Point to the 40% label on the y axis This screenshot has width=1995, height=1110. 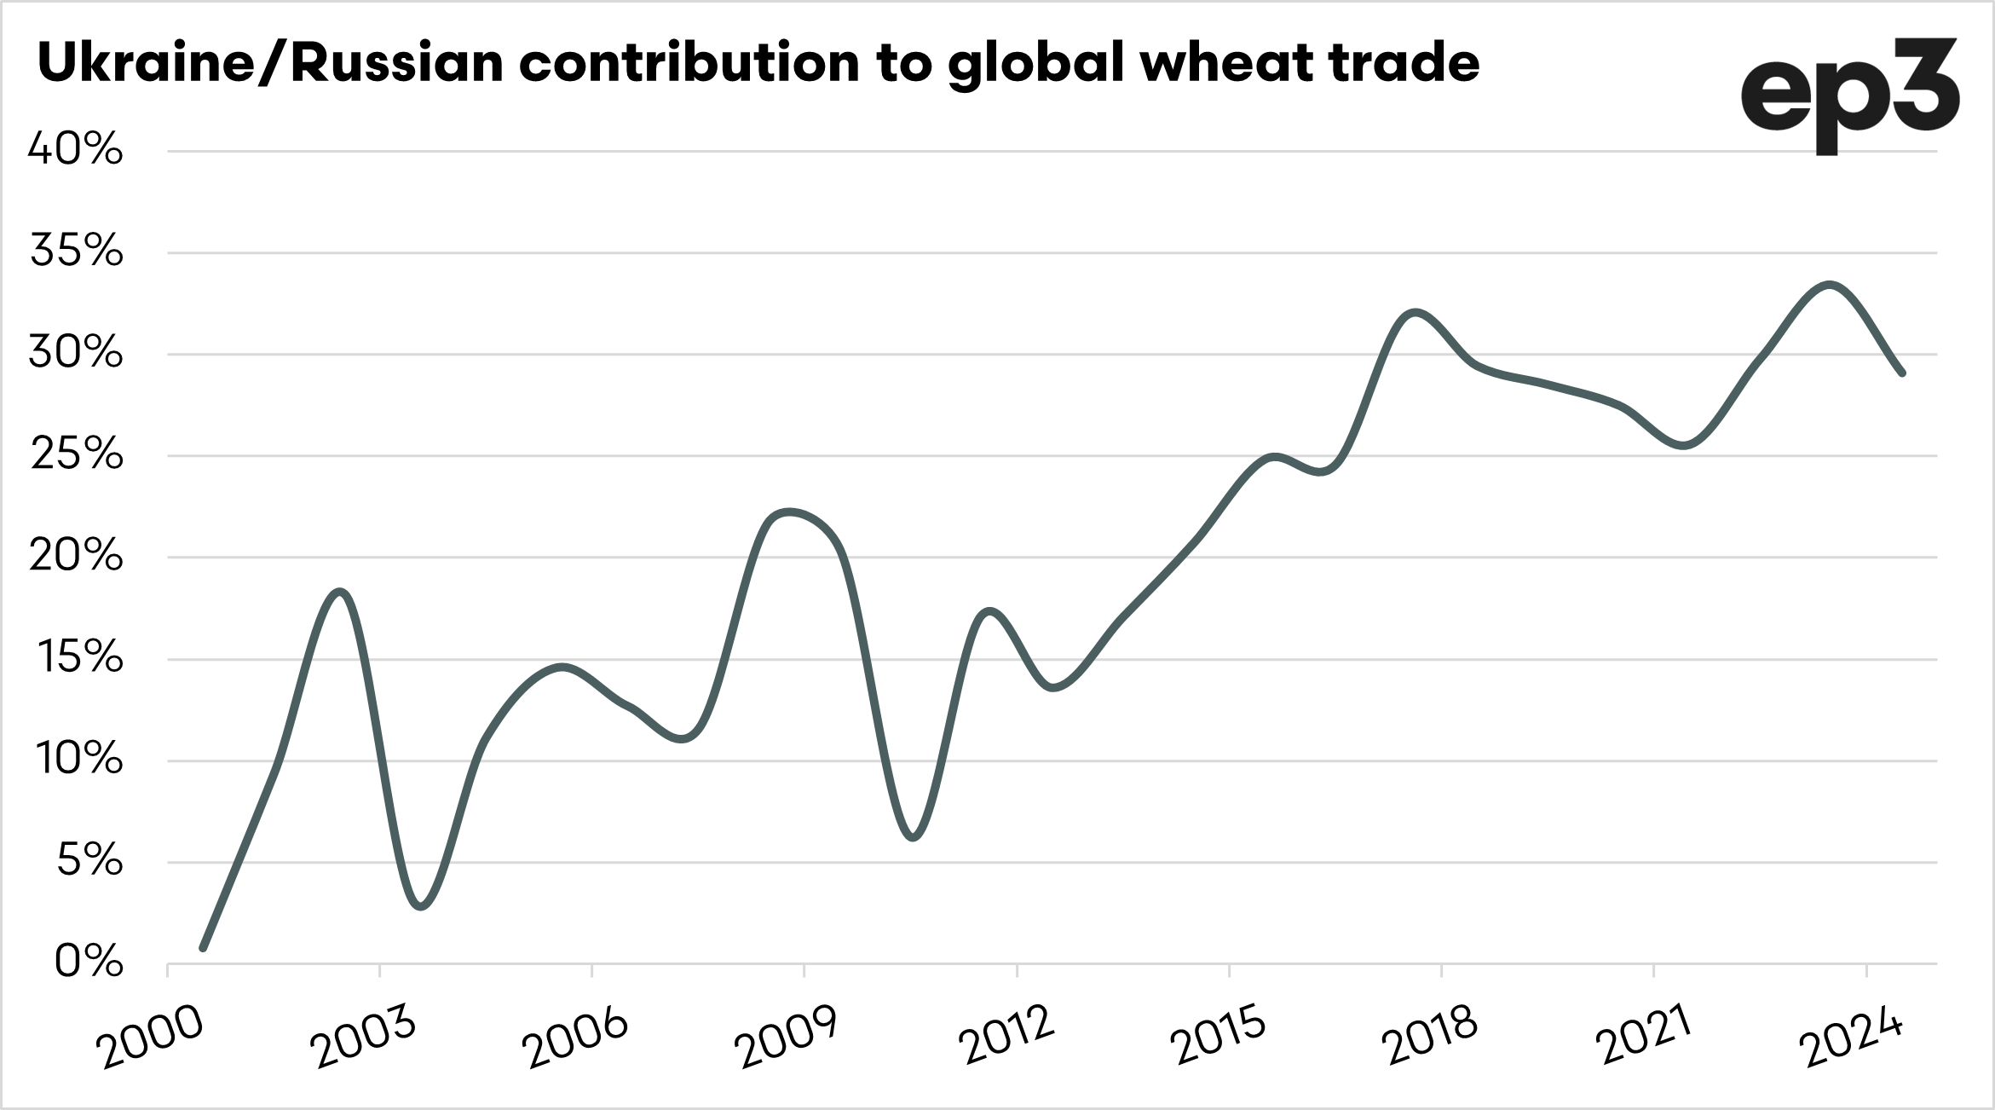click(x=76, y=150)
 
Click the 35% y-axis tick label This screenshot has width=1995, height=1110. click(x=76, y=251)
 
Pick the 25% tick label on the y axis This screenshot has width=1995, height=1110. click(x=76, y=455)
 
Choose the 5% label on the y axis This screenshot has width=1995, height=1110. click(x=89, y=862)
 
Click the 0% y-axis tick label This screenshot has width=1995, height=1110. click(x=89, y=963)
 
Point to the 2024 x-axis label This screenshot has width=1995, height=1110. click(x=1853, y=1038)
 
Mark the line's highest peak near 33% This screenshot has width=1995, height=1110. click(x=1831, y=285)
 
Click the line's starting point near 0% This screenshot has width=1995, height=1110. click(x=203, y=947)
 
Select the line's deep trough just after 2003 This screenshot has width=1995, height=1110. click(x=422, y=906)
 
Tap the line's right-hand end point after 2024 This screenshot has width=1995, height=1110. click(x=1902, y=373)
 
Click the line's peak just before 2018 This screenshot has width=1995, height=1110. click(x=1415, y=313)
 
